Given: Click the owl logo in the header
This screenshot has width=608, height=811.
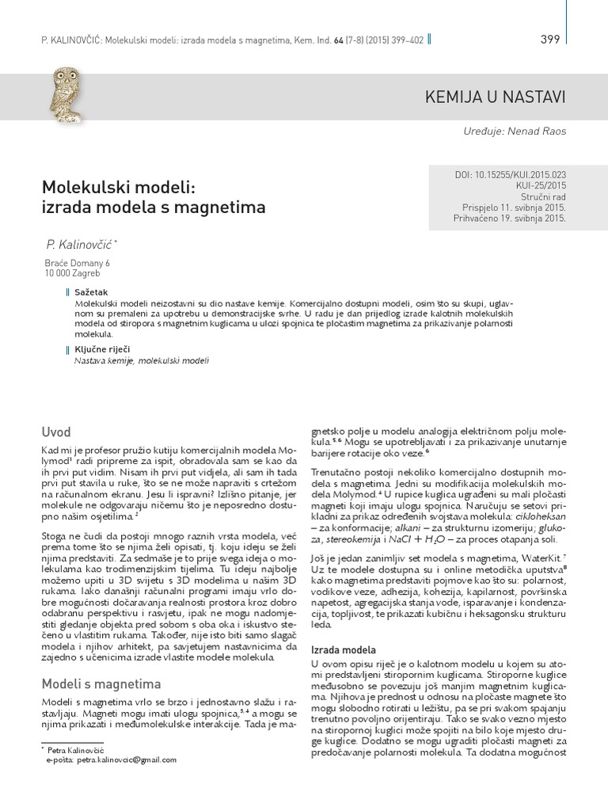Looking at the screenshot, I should coord(66,97).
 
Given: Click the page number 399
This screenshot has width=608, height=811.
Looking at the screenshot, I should coord(550,40).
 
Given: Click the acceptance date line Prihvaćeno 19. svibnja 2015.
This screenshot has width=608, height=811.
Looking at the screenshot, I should coord(509,219).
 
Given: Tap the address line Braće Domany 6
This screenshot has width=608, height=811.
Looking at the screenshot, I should coord(78,263).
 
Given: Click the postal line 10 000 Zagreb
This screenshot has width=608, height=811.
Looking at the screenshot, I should coord(72,273).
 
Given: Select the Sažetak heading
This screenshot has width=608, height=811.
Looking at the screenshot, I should coord(90,292).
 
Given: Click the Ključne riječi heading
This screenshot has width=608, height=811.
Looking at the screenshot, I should coord(102,349).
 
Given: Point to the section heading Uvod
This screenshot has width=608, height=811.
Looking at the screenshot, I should coord(56,432).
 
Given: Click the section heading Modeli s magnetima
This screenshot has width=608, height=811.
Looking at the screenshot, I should coord(101,683).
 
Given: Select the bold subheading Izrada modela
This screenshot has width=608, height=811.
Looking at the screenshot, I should coord(343,649).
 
